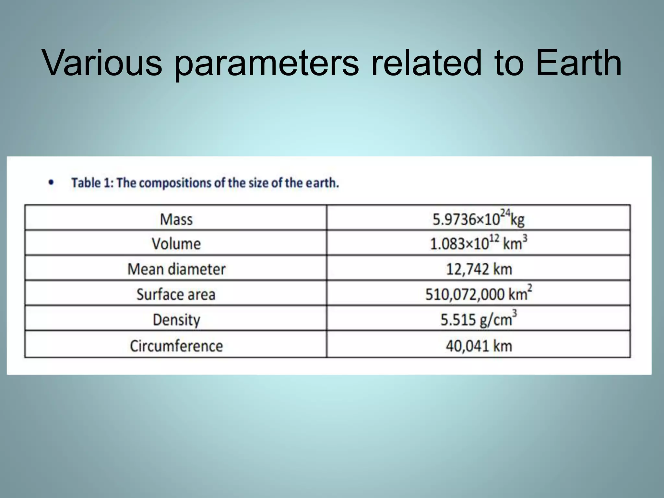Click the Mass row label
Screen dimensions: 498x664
coord(176,219)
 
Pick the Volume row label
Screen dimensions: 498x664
coord(176,244)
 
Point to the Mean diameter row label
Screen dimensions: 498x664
coord(176,269)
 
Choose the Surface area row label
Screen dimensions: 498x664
coord(176,294)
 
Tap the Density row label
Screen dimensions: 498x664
coord(176,320)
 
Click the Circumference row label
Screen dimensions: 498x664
coord(176,346)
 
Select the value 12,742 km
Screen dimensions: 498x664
coord(479,269)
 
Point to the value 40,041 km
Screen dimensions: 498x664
coord(479,346)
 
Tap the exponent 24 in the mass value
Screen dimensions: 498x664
coord(505,213)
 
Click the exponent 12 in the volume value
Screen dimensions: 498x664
coord(494,238)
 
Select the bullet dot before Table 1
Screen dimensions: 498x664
coord(51,183)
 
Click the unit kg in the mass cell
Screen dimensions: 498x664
coord(517,220)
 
